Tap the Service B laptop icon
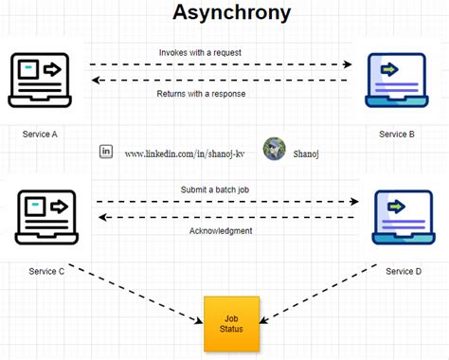pos(391,81)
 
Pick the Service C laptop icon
pos(42,219)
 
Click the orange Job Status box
pos(231,323)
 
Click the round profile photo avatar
pos(275,149)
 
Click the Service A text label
pos(40,135)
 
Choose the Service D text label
pos(404,272)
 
